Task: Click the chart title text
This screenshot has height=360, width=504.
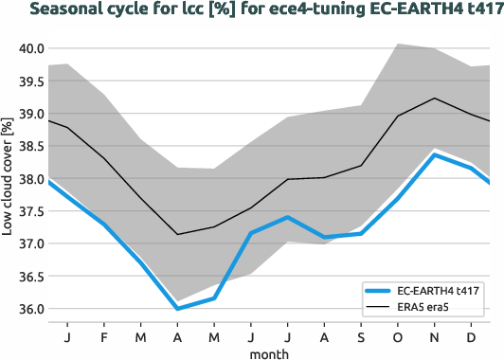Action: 252,11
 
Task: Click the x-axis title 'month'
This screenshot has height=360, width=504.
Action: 269,352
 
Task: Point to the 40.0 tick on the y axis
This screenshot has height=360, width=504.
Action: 30,48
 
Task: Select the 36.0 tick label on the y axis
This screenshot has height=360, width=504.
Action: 30,309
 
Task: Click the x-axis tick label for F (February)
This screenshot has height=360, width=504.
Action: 103,335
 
